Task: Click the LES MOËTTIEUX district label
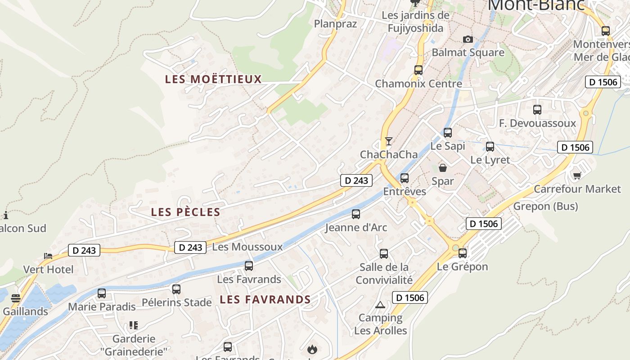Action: pos(213,79)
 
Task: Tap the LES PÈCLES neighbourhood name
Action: pos(185,212)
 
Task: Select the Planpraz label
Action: pos(335,23)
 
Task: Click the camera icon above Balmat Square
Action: pos(468,39)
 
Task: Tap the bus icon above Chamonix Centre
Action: pos(418,70)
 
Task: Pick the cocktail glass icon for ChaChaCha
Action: pos(388,141)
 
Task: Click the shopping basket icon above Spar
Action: pos(443,168)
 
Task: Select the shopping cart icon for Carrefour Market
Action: pos(577,175)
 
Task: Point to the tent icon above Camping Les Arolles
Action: pos(380,305)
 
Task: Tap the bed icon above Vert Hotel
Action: pos(48,256)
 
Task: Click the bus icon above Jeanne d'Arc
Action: pos(356,214)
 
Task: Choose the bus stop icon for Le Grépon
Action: pos(463,253)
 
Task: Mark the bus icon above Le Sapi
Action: pos(447,133)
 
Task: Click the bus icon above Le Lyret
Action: pos(490,146)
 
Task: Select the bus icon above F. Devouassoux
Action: pos(537,109)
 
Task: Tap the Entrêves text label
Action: pos(405,191)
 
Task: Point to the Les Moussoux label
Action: pos(247,247)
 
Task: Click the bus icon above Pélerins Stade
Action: pos(176,289)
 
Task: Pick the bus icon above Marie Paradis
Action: pos(102,293)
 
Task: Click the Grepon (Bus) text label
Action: pos(545,206)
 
